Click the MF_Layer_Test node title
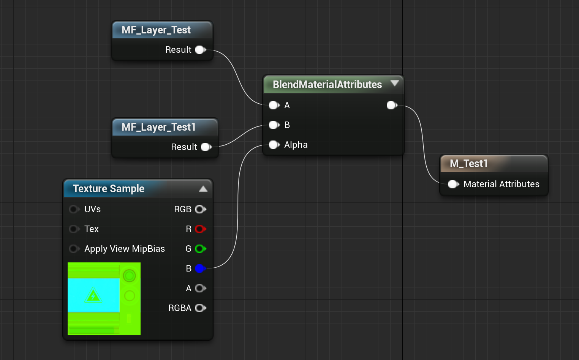tap(156, 30)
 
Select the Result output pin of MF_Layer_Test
tap(200, 50)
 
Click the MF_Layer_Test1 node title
tap(158, 127)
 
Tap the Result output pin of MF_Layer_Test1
tap(206, 147)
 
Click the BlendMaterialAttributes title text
tap(327, 84)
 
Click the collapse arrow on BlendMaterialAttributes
tap(395, 83)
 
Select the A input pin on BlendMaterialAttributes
tap(274, 105)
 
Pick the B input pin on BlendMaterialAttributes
tap(274, 125)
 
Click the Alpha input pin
tap(274, 145)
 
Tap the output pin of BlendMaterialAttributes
tap(392, 105)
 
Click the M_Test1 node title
tap(468, 164)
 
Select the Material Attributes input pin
tap(453, 184)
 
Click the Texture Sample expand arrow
tap(203, 189)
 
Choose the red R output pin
tap(200, 229)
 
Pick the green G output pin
tap(200, 249)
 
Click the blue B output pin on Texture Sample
tap(200, 268)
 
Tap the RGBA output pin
tap(200, 308)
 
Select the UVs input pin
tap(74, 209)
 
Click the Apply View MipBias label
tap(125, 249)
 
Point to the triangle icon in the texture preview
tap(93, 295)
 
